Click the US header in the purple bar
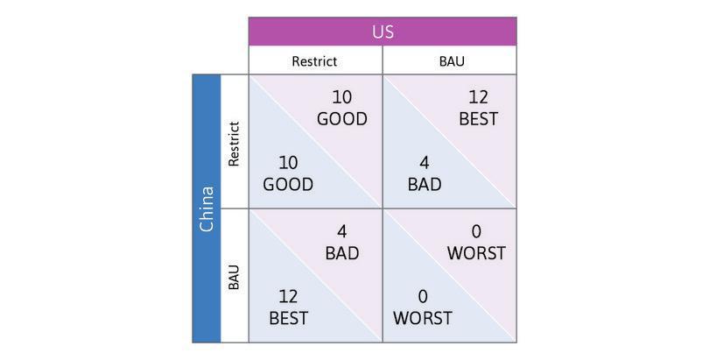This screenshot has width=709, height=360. pos(383,32)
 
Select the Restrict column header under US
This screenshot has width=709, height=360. pos(314,61)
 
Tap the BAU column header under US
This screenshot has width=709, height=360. pos(451,61)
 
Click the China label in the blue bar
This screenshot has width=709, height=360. pos(207,208)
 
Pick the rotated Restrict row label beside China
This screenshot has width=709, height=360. pos(234,143)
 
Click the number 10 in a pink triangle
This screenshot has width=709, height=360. pos(341,97)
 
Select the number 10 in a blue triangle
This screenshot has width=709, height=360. pos(288,163)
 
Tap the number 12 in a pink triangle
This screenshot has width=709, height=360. pos(478,97)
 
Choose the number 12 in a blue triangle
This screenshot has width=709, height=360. pos(288,297)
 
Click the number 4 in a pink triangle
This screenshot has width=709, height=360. pos(341,232)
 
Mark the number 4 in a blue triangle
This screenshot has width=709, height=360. pos(424,163)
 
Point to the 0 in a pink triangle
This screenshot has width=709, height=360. pos(476,232)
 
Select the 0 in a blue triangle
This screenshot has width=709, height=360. pos(423,297)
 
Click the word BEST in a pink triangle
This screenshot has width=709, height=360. pos(478,118)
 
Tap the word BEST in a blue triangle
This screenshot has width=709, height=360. pos(288,318)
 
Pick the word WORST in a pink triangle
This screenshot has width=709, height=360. pos(476,253)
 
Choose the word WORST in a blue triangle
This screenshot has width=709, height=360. pos(423,318)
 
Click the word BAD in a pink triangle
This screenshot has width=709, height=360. pos(341,253)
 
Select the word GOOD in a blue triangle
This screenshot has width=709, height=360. pos(288,185)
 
